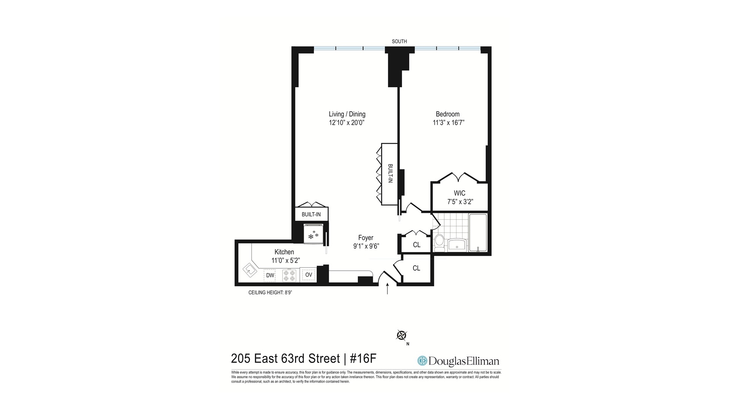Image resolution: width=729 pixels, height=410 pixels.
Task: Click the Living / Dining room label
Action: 347,114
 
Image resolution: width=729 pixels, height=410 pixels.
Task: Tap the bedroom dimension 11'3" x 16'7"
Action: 448,123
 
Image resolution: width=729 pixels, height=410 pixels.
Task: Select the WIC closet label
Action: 459,193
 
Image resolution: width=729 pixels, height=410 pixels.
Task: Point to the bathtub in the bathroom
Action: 478,233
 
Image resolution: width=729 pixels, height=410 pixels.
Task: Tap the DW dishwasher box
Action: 270,275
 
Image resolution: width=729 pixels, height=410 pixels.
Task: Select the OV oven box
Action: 309,275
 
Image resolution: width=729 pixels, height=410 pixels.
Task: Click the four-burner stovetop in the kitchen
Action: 289,275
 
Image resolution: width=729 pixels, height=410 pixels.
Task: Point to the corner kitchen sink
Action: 251,271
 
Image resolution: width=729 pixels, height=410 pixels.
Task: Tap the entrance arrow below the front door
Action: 387,289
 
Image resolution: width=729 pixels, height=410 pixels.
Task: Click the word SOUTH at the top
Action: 399,41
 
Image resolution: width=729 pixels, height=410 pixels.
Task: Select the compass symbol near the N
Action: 401,335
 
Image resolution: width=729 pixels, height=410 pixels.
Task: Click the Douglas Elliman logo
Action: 458,361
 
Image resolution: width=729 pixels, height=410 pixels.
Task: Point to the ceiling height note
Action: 270,293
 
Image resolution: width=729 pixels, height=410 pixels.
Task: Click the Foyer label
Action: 366,238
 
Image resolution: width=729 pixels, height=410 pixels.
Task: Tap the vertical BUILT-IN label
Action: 390,173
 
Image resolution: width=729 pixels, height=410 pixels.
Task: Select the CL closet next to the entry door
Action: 417,268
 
